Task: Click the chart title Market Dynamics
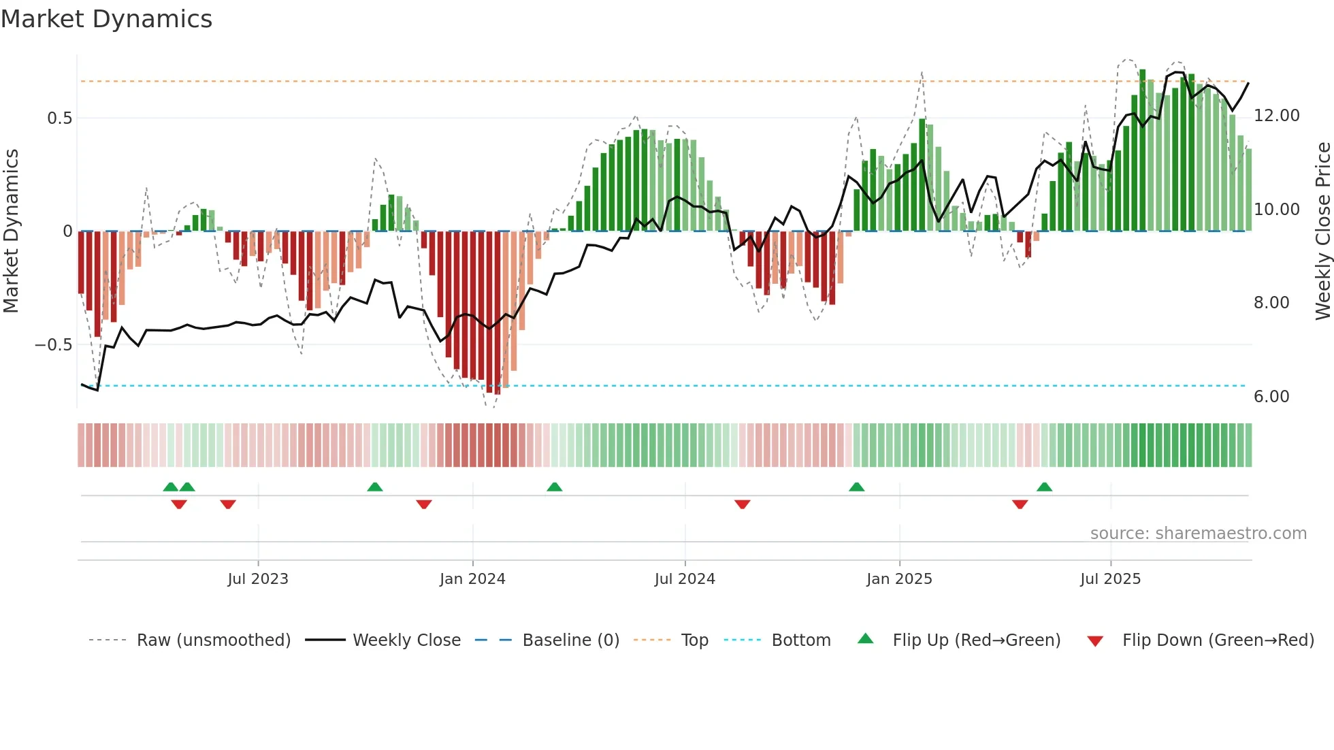(106, 19)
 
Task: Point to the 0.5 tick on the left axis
(59, 118)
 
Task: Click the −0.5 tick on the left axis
(54, 345)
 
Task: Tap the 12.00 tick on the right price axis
(1276, 116)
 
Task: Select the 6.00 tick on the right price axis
(1271, 397)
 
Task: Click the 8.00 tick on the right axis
(1271, 303)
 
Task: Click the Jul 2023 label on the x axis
(258, 579)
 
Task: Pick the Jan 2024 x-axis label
(472, 579)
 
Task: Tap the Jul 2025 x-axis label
(1110, 579)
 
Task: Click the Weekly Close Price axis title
(1322, 231)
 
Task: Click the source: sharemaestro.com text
(1198, 534)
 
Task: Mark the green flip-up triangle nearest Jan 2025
(857, 487)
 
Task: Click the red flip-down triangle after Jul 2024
(743, 504)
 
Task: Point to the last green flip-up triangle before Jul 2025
(1044, 487)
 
